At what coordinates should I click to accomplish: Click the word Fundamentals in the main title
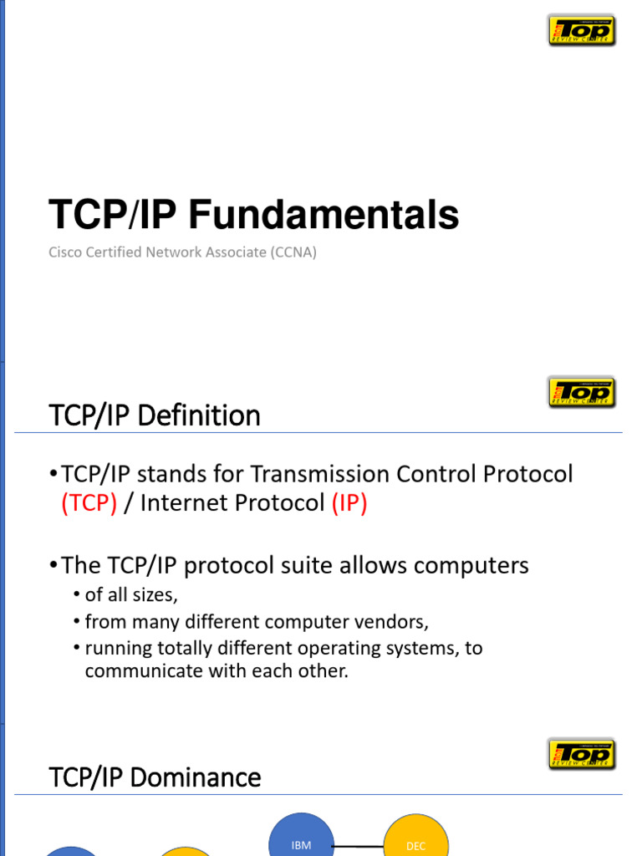pyautogui.click(x=323, y=216)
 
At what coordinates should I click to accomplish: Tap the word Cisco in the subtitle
pyautogui.click(x=65, y=252)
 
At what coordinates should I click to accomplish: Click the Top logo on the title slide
pyautogui.click(x=582, y=30)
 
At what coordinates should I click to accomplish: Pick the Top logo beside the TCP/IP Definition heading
pyautogui.click(x=582, y=392)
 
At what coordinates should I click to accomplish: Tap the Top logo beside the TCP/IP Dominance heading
pyautogui.click(x=582, y=754)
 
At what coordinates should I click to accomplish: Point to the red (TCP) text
pyautogui.click(x=89, y=504)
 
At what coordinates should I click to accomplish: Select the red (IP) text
pyautogui.click(x=349, y=504)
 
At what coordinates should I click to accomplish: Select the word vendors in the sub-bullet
pyautogui.click(x=393, y=622)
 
